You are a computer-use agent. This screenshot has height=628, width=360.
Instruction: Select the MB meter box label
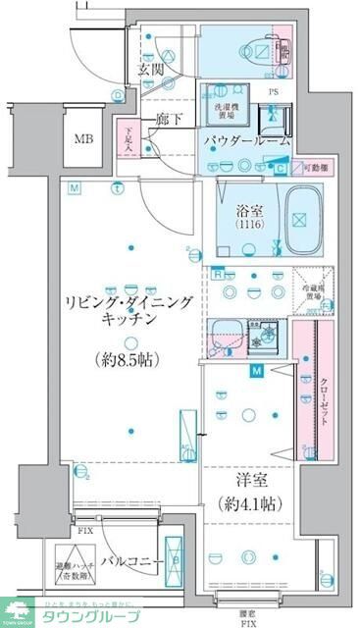pyautogui.click(x=83, y=138)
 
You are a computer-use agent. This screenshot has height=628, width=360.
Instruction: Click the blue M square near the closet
pyautogui.click(x=256, y=371)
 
